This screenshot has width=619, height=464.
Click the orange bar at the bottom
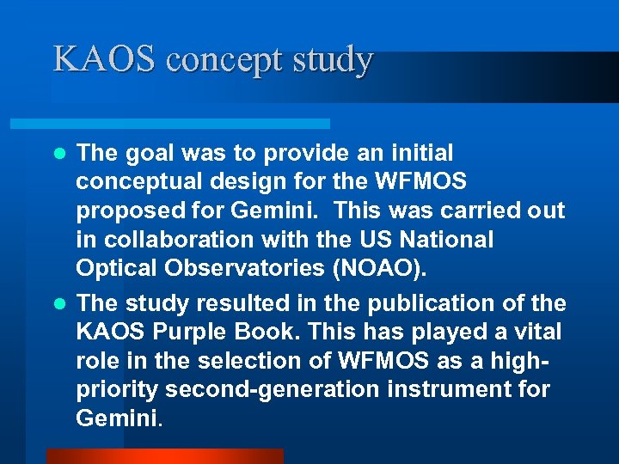click(164, 455)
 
